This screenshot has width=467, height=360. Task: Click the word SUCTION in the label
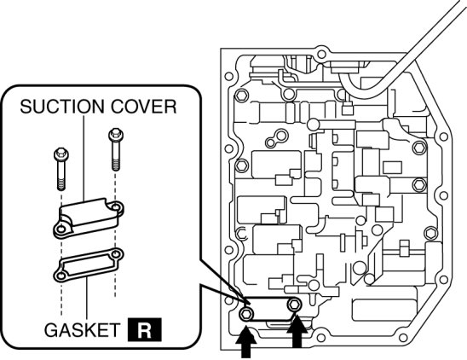62,107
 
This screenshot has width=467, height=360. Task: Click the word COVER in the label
143,107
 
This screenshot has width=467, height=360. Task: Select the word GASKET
82,330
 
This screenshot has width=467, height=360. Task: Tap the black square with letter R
145,329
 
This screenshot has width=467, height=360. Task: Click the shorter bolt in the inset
61,169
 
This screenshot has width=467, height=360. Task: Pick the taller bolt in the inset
116,149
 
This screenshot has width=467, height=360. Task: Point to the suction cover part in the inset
89,217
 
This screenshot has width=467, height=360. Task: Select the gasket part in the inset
89,264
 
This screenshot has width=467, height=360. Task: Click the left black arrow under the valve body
245,342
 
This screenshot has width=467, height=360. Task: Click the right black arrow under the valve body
297,331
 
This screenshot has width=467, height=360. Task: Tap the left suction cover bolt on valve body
246,314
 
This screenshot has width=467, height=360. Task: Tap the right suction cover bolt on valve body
294,305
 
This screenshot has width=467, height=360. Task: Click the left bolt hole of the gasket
61,276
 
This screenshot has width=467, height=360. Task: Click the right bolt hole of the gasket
116,254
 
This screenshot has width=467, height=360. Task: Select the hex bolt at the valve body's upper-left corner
241,96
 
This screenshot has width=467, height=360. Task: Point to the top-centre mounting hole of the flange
321,55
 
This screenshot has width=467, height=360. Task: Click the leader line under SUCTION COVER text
84,158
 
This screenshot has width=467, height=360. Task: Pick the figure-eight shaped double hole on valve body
277,139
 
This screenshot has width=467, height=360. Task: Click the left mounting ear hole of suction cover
61,229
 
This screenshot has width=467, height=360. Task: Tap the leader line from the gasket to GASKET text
87,299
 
